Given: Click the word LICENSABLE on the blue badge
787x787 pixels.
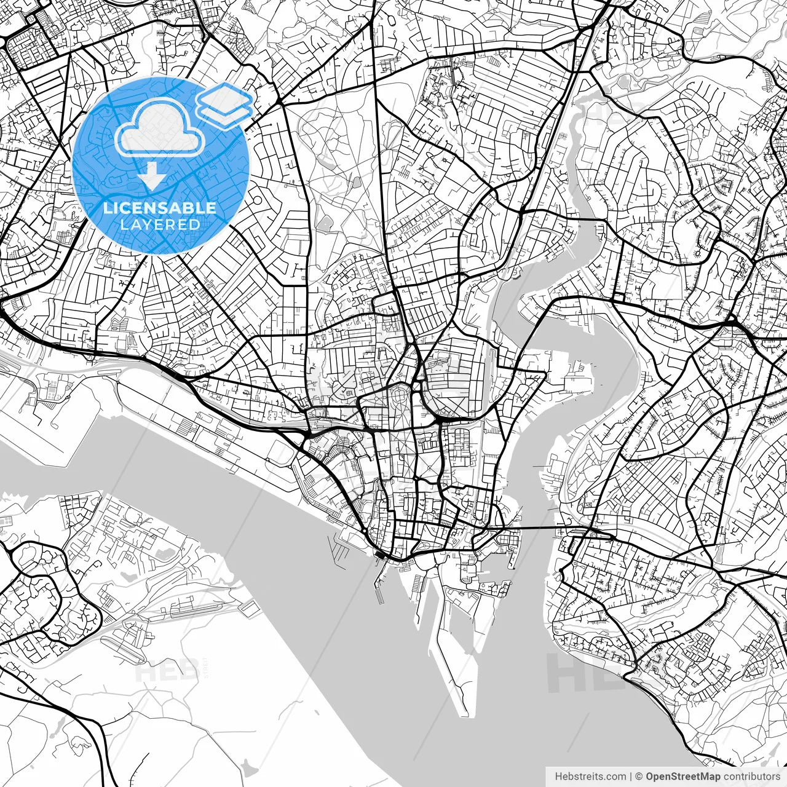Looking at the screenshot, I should tap(160, 208).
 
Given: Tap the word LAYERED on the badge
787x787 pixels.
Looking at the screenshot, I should tap(160, 224).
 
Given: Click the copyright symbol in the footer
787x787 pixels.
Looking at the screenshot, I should tap(639, 777).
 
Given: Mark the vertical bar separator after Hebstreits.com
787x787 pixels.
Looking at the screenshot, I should tap(631, 777).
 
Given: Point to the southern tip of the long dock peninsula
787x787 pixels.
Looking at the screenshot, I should tap(464, 713).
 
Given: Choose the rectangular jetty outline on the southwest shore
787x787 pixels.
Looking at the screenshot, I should tap(249, 608).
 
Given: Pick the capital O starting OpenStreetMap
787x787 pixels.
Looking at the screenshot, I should tap(650, 777).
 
